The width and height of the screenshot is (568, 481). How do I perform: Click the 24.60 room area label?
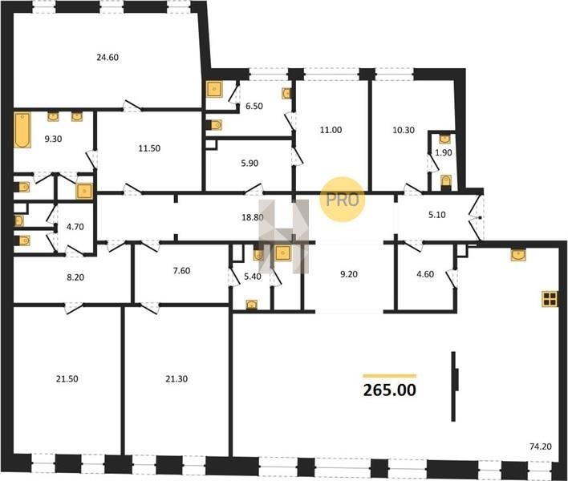[x=108, y=57]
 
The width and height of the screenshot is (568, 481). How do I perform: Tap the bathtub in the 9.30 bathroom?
[x=22, y=130]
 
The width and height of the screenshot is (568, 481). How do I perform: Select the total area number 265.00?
[x=389, y=390]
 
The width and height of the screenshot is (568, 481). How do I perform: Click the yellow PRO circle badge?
[x=342, y=200]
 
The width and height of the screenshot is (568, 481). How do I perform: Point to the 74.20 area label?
[x=541, y=447]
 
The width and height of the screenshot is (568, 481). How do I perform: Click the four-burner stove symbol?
[x=550, y=299]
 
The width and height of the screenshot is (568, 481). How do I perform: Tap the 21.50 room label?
[x=67, y=379]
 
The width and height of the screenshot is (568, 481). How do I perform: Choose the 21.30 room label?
[x=176, y=379]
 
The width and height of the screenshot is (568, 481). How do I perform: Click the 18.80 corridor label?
[x=253, y=217]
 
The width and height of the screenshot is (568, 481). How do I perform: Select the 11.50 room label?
[x=149, y=148]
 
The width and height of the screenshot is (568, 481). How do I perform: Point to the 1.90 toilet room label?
[x=444, y=153]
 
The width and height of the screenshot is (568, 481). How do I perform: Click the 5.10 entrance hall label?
[x=437, y=215]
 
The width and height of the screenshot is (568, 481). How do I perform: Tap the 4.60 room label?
[x=425, y=274]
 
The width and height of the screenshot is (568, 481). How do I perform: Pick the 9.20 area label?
[x=349, y=274]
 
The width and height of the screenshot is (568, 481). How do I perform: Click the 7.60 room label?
[x=181, y=270]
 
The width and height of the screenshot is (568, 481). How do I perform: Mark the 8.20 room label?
[x=75, y=277]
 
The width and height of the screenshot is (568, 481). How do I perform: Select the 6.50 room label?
[x=254, y=106]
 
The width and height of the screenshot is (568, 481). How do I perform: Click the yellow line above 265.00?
[x=390, y=376]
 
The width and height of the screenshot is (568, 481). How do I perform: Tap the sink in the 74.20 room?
[x=518, y=255]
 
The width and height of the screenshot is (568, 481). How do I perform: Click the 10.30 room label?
[x=404, y=130]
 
